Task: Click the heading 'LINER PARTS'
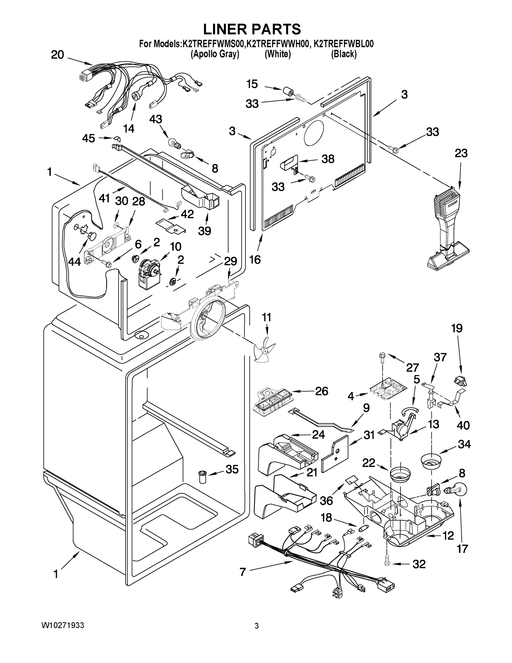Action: click(x=252, y=30)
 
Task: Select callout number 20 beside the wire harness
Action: click(x=57, y=55)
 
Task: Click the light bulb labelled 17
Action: click(x=457, y=490)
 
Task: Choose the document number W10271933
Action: click(x=62, y=625)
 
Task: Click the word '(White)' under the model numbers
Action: click(x=278, y=54)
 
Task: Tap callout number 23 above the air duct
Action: click(x=461, y=153)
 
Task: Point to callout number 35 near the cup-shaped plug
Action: click(x=232, y=469)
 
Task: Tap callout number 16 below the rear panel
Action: click(x=255, y=260)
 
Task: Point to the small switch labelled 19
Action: click(x=461, y=380)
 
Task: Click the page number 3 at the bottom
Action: click(x=257, y=626)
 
